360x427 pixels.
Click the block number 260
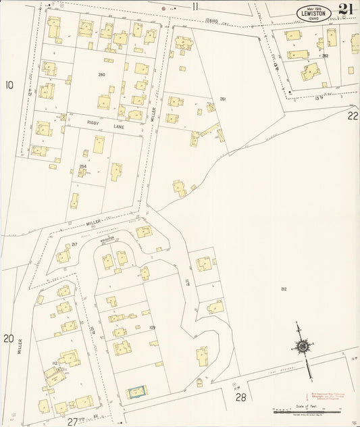[101, 74]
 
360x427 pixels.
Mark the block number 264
[83, 166]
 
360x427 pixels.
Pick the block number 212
[284, 288]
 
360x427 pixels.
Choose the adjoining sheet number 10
[9, 85]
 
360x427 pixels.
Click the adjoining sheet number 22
[353, 116]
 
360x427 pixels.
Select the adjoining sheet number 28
[240, 398]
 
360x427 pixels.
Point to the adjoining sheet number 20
[8, 338]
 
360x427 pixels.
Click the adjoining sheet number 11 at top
[195, 7]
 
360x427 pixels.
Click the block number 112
[54, 363]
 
